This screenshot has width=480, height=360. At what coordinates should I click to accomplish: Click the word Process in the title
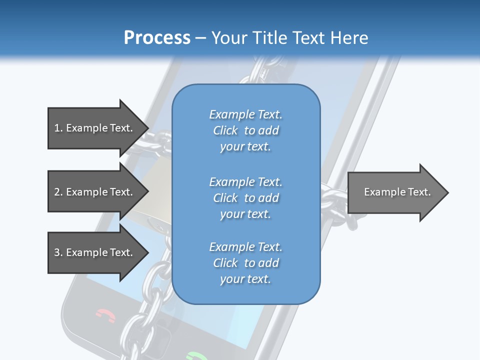coord(157,38)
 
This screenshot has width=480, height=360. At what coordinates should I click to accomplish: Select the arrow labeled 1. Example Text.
coord(95,128)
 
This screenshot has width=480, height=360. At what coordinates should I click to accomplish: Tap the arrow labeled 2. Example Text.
coord(95,192)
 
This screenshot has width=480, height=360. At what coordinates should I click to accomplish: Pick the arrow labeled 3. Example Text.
coord(95,252)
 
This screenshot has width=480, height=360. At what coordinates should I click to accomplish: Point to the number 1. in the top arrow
coord(58,128)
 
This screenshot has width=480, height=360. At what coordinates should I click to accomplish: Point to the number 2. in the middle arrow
coord(58,192)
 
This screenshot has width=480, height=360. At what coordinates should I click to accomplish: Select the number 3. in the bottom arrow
coord(58,252)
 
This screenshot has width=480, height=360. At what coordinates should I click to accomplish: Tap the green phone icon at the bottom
coord(196,356)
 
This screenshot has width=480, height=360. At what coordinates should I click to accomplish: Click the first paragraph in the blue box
coord(245,130)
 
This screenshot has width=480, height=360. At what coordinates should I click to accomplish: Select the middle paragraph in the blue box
coord(245,198)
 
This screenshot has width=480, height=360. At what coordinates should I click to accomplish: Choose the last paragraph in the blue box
coord(245,263)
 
